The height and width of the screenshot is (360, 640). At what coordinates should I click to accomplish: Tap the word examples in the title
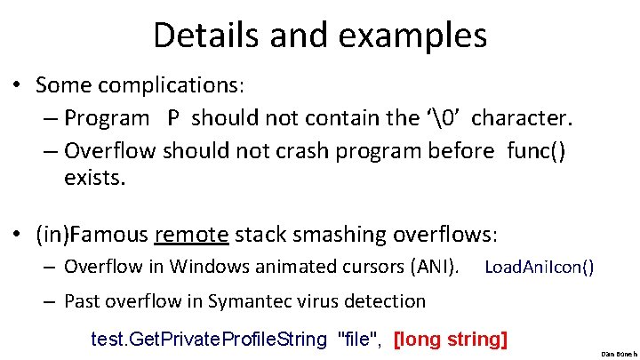point(418,36)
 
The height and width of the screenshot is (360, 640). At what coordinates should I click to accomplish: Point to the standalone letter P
point(172,117)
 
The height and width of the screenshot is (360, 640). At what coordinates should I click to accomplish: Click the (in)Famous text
point(92,235)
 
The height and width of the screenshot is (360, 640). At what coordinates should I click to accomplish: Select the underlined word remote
point(192,235)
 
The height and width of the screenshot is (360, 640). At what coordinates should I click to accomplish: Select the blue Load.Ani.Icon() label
point(540,267)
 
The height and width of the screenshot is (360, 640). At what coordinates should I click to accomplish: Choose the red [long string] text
point(450,339)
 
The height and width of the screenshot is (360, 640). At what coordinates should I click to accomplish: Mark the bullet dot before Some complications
point(16,87)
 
